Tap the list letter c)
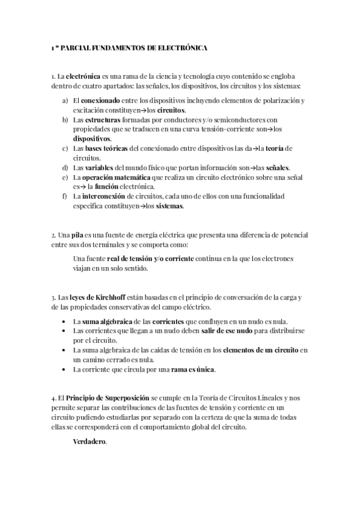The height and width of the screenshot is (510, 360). point(65,148)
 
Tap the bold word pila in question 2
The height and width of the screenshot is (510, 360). point(76,235)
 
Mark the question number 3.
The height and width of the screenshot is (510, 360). point(53,297)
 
